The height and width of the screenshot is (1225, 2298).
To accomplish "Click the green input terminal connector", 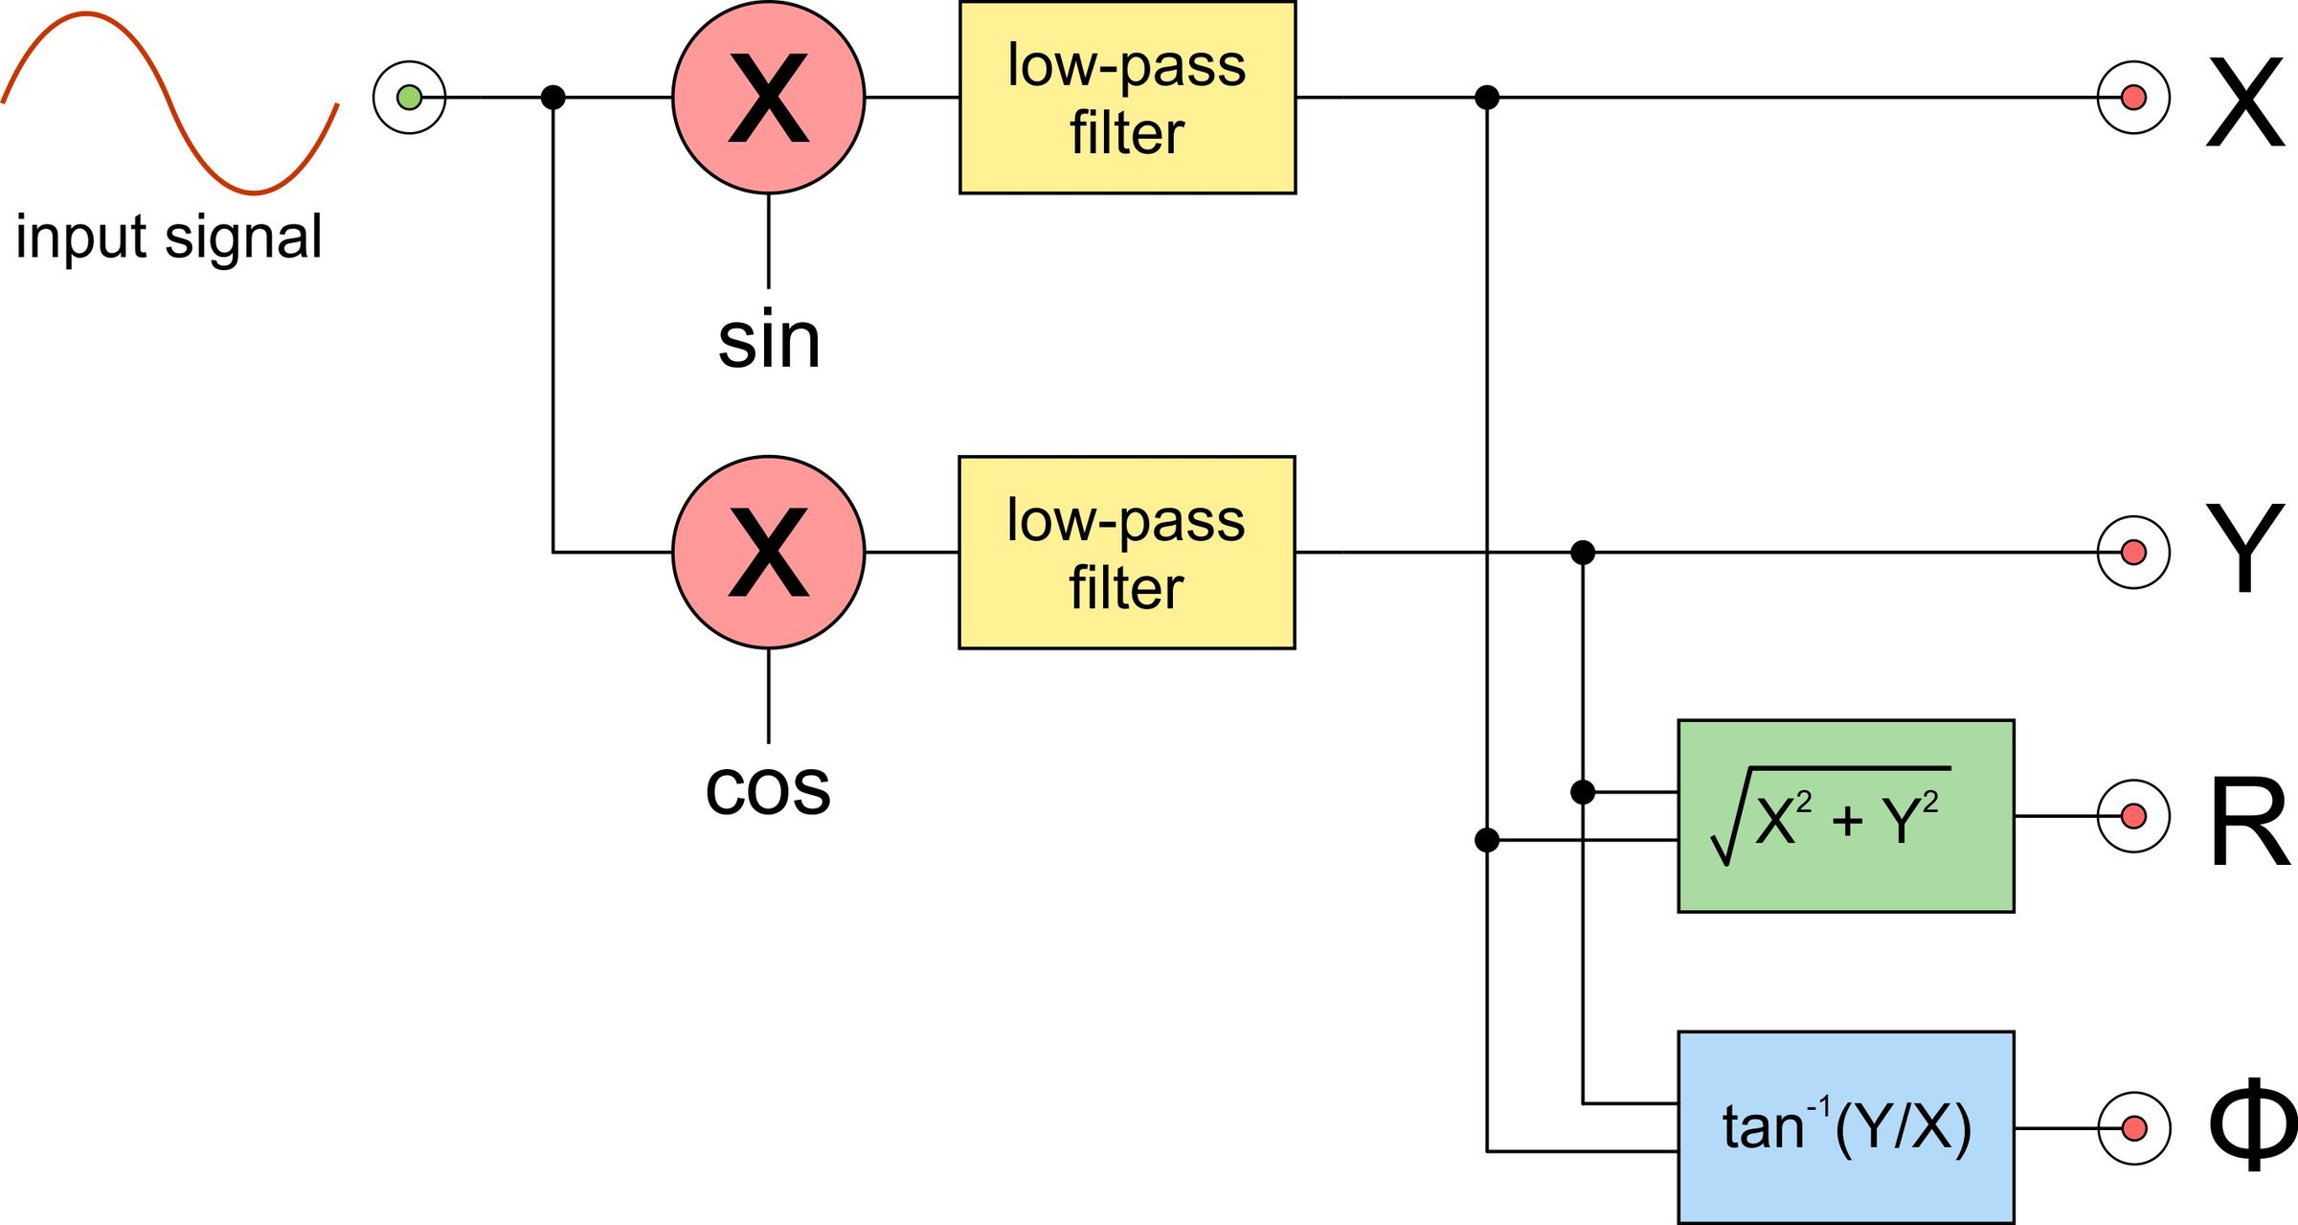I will click(409, 98).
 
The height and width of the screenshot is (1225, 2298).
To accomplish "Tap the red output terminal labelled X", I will click(2133, 98).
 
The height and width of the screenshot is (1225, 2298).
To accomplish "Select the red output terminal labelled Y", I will click(2133, 553).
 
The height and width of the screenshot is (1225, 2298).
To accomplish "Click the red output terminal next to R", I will click(2133, 816).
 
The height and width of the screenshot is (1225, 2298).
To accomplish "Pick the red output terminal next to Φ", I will click(2133, 1128).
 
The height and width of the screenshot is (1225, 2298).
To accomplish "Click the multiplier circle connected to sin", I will click(769, 98).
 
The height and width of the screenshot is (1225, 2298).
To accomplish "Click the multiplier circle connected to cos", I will click(769, 553).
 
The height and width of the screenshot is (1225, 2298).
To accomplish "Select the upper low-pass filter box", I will click(1127, 98).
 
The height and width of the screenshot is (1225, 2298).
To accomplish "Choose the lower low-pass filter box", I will click(1127, 553).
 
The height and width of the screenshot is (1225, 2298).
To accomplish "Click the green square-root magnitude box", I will click(1845, 816).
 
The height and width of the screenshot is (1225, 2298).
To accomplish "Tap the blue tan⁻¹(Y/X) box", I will click(1845, 1127).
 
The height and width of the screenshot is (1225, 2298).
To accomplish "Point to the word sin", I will click(769, 341).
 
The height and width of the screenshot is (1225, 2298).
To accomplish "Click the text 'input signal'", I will click(169, 238).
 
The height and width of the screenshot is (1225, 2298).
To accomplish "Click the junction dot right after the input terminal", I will click(553, 98).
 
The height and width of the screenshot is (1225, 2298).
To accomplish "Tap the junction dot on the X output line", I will click(1487, 98).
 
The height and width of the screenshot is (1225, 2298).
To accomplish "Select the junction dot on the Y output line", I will click(1583, 553).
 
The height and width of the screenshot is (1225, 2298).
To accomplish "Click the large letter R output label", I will click(2250, 822).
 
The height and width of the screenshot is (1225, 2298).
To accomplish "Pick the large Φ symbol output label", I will click(2252, 1124).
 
